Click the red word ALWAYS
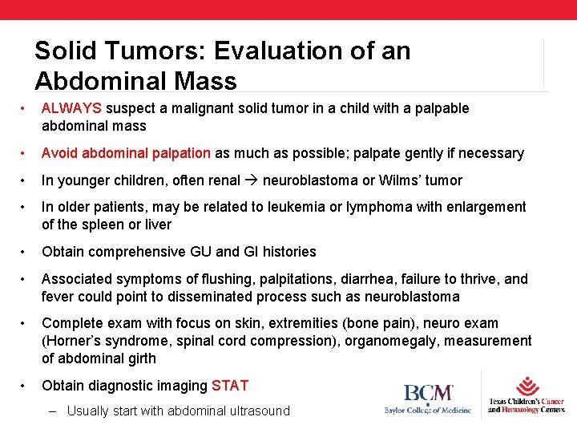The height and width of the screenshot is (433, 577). tap(72, 108)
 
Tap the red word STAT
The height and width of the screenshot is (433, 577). tap(230, 386)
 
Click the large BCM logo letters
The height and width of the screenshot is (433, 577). tap(428, 394)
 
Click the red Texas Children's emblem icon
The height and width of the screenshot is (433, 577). tap(527, 386)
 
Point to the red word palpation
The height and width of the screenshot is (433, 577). tap(180, 153)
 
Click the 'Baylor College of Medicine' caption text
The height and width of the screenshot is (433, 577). tap(428, 411)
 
